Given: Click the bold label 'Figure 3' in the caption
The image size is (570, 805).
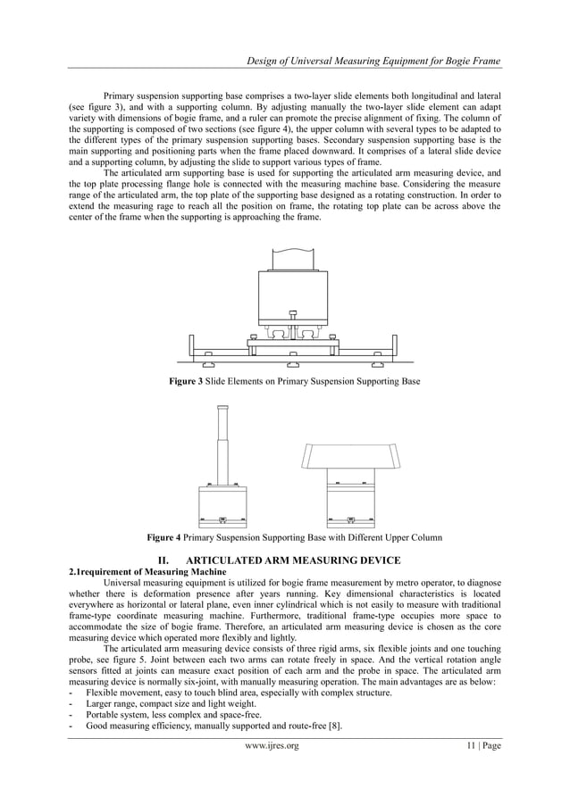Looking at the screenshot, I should [187, 382].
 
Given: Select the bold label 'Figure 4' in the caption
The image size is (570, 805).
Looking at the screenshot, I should [165, 537].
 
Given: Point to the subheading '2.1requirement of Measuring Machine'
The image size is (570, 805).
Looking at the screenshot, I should [147, 572].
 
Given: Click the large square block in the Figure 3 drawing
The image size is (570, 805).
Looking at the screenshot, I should [293, 291].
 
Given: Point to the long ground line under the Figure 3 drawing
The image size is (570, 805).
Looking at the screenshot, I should [293, 361].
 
